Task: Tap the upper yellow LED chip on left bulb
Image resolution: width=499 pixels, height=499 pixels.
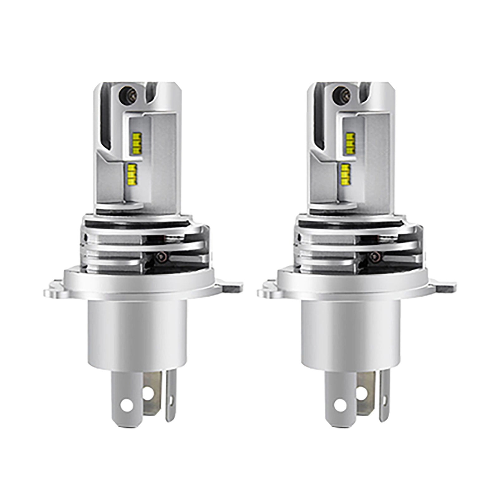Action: [137, 143]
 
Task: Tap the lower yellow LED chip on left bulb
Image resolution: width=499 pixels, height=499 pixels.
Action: [133, 174]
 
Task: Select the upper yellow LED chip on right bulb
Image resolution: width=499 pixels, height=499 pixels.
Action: [350, 143]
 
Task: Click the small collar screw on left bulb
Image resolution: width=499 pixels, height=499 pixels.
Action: [161, 257]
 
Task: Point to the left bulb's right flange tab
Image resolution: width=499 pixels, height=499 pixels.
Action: [232, 286]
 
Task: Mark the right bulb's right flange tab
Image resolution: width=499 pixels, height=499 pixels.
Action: [446, 286]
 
